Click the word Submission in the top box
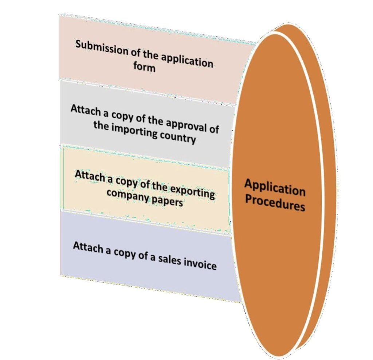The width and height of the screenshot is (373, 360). tap(102, 48)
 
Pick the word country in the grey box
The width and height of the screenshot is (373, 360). tap(178, 137)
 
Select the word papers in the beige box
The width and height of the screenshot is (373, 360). tap(167, 201)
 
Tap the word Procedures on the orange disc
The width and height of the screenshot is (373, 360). tap(275, 204)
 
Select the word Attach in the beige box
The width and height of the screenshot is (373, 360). tap(90, 176)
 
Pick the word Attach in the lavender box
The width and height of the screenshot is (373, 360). tap(88, 247)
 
